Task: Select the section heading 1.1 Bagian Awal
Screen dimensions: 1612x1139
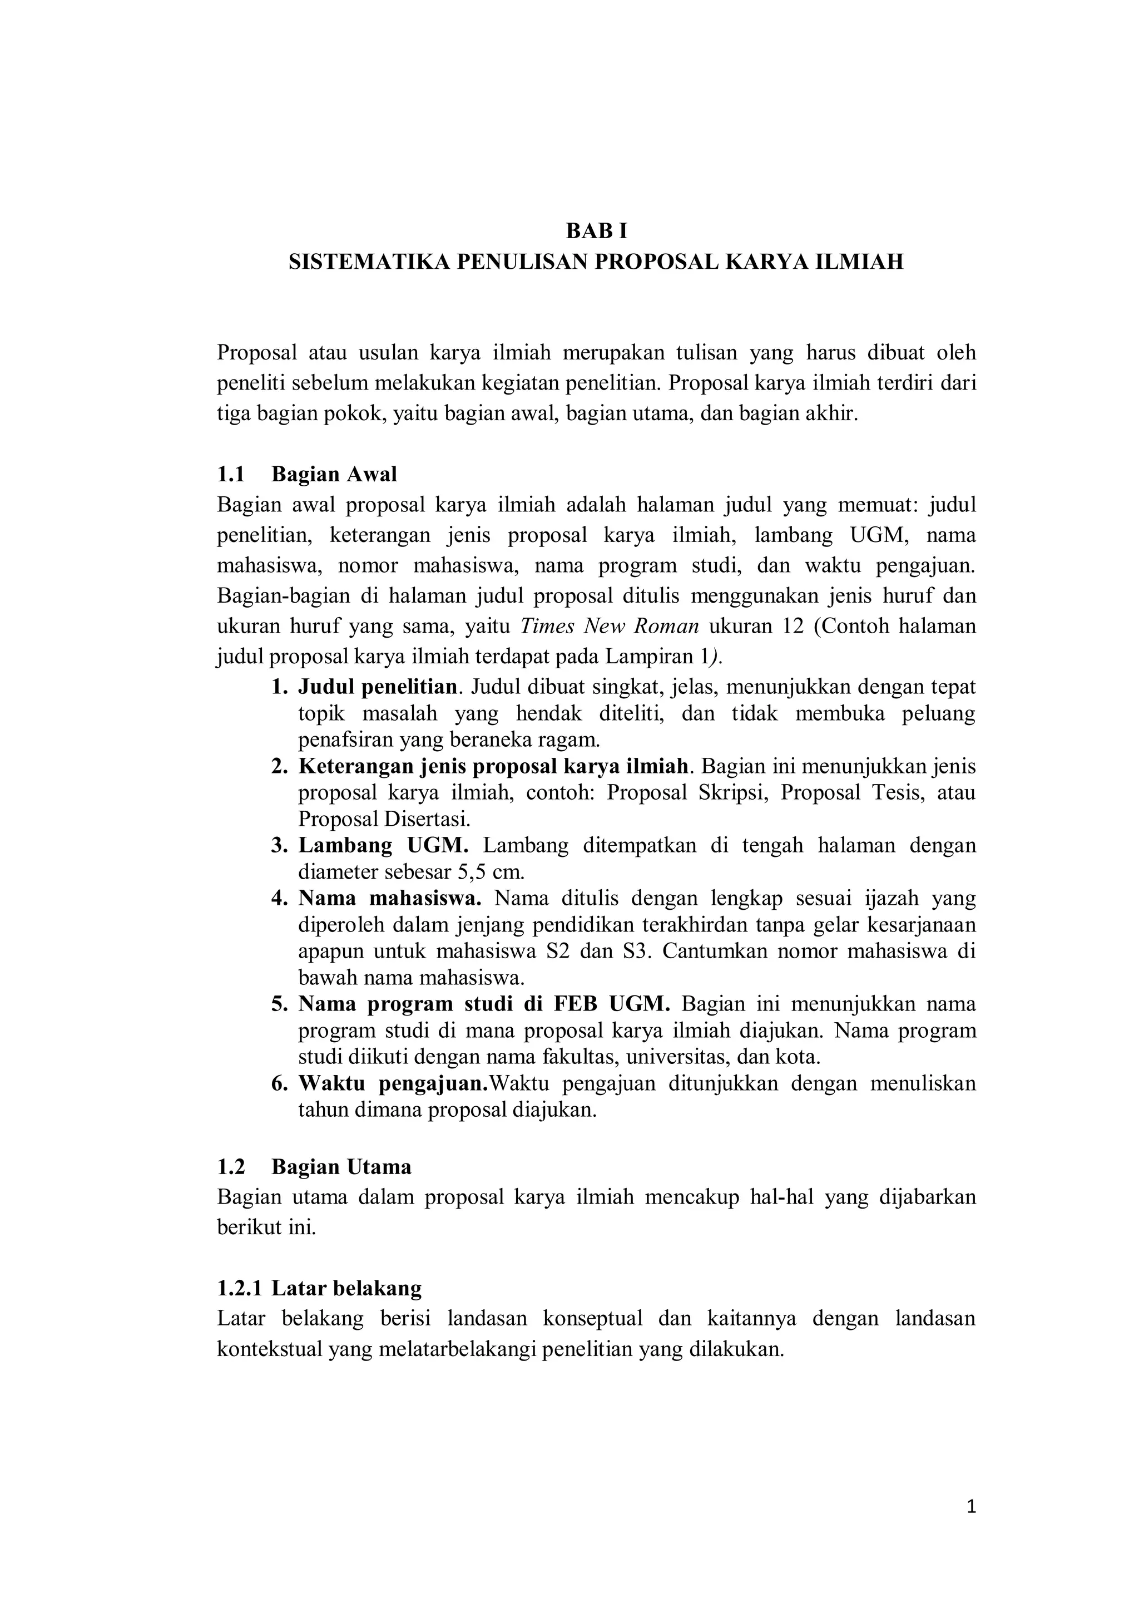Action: (306, 475)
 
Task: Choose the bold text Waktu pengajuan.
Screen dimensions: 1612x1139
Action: (393, 1084)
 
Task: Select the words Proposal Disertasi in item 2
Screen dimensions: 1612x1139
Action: (384, 819)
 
